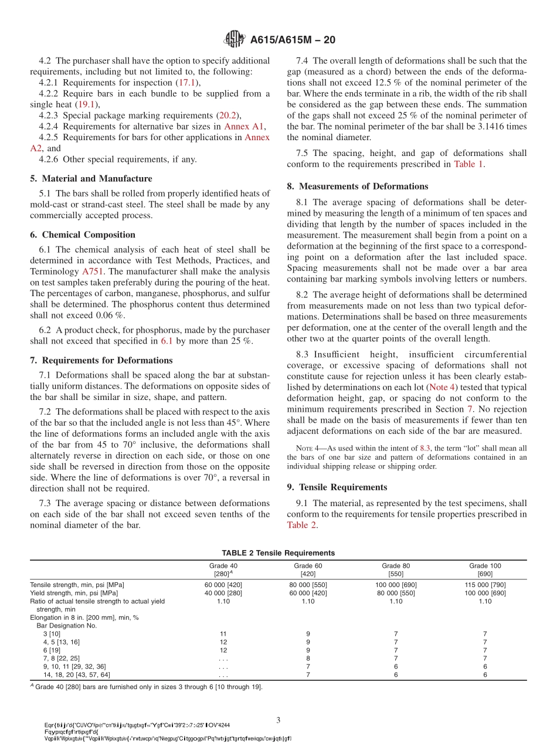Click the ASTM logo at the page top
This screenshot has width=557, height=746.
(x=235, y=39)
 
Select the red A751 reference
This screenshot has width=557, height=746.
(x=92, y=271)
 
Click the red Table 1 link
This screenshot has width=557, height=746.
(x=468, y=164)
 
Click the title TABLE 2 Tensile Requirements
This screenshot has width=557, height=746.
(x=278, y=552)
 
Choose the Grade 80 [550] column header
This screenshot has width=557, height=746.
(x=396, y=569)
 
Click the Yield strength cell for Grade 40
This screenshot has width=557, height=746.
(x=223, y=593)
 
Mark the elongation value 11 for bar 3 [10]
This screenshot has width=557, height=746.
(x=223, y=634)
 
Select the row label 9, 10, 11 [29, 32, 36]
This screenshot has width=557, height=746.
(x=74, y=666)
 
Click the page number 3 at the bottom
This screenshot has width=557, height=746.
(x=278, y=720)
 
